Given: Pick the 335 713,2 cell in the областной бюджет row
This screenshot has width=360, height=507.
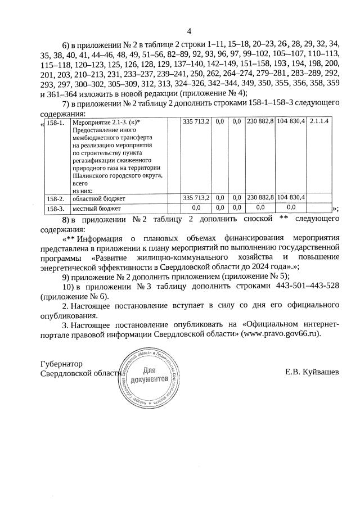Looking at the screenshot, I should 196,198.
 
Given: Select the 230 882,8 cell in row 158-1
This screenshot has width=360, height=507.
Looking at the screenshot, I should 260,121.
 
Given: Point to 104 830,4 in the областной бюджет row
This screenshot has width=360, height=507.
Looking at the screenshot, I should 291,198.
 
